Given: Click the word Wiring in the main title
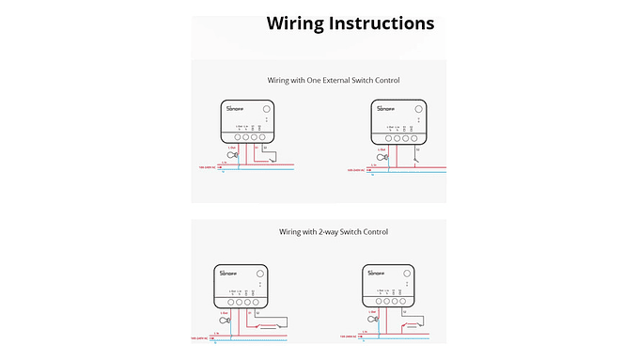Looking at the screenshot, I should click(299, 23).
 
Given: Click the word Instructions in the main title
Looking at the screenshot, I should click(384, 23).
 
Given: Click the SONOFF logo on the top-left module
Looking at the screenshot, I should click(235, 110).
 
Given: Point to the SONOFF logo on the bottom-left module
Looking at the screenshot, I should click(227, 273).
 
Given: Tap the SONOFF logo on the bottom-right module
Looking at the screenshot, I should click(377, 273).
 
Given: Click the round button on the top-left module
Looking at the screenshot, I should click(265, 109).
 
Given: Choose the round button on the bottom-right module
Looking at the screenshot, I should click(406, 272).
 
